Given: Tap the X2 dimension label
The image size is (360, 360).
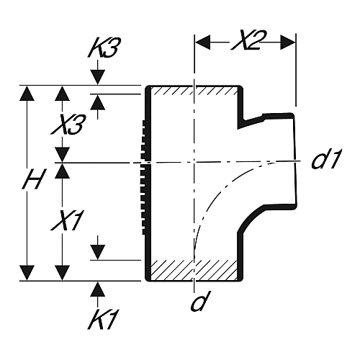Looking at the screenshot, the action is point(246,41).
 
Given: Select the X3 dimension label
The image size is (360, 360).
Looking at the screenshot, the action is point(68,125).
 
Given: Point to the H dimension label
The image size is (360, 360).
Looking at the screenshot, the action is point(33,179).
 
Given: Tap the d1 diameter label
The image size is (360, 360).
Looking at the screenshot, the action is point(326,159).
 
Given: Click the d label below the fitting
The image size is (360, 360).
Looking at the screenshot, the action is point(201,301).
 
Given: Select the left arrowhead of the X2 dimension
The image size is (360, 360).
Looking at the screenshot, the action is point(203,42).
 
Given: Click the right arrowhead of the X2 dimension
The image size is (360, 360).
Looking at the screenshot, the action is point(288,42).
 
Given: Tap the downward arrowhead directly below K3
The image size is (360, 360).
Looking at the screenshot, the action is point(97,77).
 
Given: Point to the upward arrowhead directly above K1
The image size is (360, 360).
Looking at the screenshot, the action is point(97,289).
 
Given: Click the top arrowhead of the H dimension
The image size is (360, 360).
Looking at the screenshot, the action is point(27,94).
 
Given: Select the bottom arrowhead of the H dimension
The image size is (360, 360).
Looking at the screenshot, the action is point(27,273).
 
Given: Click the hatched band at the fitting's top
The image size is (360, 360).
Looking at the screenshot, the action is point(194,91).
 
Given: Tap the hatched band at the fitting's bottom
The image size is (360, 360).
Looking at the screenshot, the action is point(194,269).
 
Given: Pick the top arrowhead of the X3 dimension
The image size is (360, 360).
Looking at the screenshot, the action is point(63,94).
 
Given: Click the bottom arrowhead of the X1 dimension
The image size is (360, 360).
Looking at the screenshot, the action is point(63,273).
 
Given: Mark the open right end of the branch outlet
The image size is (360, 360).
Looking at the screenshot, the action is point(295,161).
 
